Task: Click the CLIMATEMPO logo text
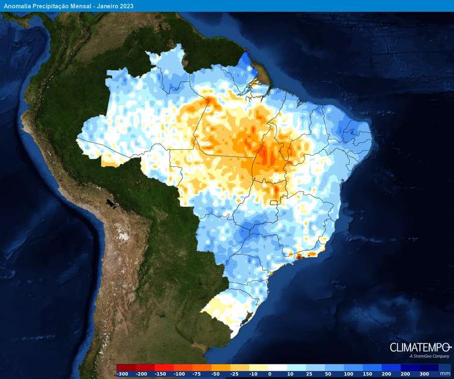pos(421,347)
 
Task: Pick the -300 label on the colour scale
pos(123,373)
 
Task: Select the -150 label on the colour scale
pos(161,373)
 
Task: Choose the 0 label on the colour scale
pos(270,373)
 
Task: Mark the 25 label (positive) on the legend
pos(309,373)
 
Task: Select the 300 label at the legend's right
pos(425,373)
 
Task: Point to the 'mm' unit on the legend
pos(446,373)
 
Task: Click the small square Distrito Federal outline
pos(272,203)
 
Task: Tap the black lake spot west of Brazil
pos(110,203)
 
